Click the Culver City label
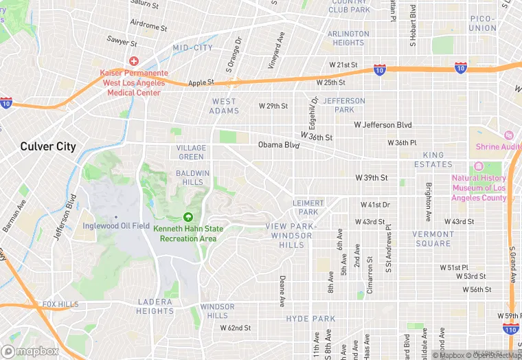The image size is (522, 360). pyautogui.click(x=48, y=146)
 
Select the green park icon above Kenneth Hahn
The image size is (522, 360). pyautogui.click(x=188, y=217)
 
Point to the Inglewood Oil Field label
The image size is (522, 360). pyautogui.click(x=115, y=226)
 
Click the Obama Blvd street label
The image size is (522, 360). pyautogui.click(x=279, y=145)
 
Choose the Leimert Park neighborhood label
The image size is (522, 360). pyautogui.click(x=308, y=207)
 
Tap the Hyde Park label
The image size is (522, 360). pyautogui.click(x=310, y=319)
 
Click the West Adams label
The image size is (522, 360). pyautogui.click(x=224, y=106)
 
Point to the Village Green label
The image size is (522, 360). pyautogui.click(x=191, y=153)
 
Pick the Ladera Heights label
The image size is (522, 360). pyautogui.click(x=155, y=306)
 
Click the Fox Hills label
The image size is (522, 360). pyautogui.click(x=60, y=304)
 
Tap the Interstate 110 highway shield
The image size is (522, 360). pyautogui.click(x=509, y=329)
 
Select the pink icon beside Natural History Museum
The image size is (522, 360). pyautogui.click(x=479, y=167)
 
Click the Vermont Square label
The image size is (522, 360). pyautogui.click(x=433, y=238)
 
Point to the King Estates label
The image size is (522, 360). pyautogui.click(x=433, y=160)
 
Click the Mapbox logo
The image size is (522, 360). pyautogui.click(x=30, y=351)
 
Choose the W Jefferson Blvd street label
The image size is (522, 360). pyautogui.click(x=383, y=125)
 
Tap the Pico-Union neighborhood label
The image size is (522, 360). pyautogui.click(x=484, y=23)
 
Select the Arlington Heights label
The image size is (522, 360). pyautogui.click(x=348, y=38)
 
